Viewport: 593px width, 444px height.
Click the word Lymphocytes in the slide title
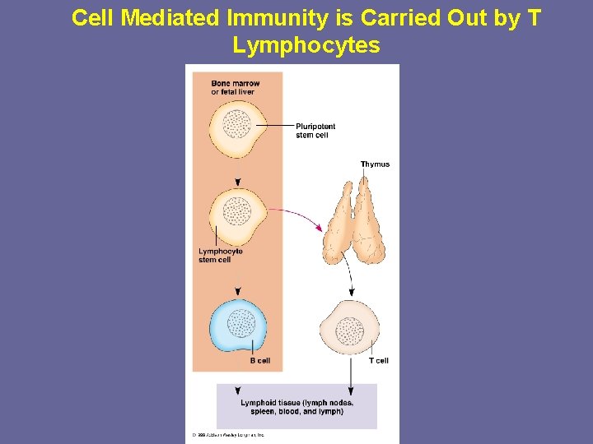click(x=306, y=45)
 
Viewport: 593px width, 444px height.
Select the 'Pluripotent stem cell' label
click(x=315, y=131)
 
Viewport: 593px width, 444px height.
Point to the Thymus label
click(x=375, y=164)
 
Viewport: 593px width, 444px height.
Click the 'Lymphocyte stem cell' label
click(x=220, y=255)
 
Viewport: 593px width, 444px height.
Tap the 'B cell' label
click(x=259, y=360)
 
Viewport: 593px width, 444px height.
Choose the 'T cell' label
click(x=378, y=360)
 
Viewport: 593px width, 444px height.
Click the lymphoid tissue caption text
click(x=296, y=406)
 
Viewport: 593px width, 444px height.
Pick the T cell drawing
click(x=351, y=330)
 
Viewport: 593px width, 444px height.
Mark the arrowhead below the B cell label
click(x=238, y=391)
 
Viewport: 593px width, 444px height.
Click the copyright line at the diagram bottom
click(x=228, y=435)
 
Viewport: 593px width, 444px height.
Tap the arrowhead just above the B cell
click(x=238, y=292)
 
